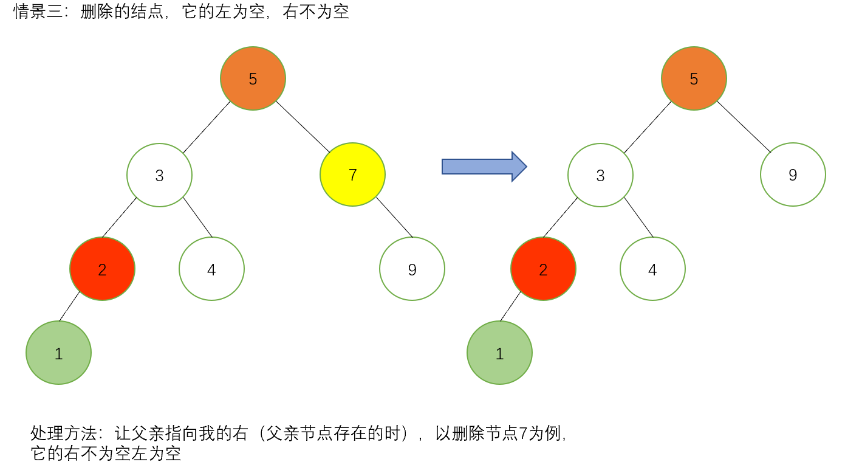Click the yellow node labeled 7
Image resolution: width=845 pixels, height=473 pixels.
352,175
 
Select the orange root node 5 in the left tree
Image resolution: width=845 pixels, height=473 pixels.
253,78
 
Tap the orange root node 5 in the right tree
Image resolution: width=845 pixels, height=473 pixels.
694,78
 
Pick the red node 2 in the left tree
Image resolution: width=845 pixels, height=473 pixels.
102,269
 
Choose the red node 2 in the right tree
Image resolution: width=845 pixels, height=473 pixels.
543,269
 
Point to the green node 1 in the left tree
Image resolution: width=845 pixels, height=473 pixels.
58,353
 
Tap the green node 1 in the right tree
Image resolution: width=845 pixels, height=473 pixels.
499,353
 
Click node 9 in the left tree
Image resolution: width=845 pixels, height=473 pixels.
412,269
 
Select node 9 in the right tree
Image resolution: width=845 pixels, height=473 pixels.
793,175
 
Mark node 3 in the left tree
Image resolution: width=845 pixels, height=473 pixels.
159,175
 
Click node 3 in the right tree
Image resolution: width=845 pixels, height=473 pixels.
600,175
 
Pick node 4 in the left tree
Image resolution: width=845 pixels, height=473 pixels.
211,269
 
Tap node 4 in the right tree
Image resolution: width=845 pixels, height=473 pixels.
652,269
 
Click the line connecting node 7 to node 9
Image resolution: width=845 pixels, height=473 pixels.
394,217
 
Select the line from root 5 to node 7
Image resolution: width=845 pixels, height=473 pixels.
303,126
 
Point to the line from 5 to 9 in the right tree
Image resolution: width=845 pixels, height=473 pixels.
744,126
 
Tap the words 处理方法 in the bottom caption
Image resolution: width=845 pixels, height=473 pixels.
63,433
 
